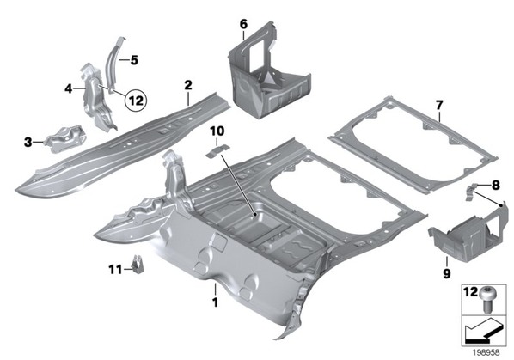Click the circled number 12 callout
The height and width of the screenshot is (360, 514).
136,101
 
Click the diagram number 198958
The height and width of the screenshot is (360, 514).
486,352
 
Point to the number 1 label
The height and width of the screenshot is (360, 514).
215,302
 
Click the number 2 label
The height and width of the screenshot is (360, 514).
188,86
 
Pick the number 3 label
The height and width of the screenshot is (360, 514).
28,142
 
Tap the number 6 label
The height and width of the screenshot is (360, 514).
243,24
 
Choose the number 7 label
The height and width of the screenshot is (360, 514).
439,105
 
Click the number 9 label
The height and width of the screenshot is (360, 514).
446,272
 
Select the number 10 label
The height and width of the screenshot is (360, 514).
217,131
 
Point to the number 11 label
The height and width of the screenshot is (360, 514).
115,270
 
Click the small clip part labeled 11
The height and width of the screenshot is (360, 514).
138,264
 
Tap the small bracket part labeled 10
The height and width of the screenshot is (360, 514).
217,150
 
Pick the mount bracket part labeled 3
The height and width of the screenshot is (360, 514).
66,138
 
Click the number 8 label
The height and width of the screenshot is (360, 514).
496,186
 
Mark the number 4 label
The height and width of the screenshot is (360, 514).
68,88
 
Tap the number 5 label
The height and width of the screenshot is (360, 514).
134,60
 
